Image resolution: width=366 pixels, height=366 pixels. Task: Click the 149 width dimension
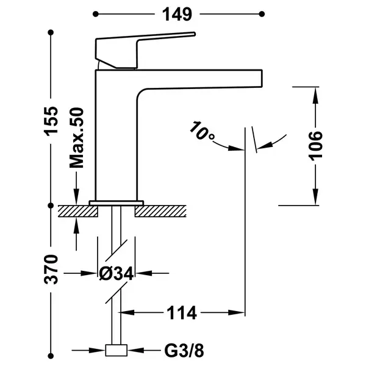click(177, 14)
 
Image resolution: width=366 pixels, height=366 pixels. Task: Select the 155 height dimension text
click(51, 120)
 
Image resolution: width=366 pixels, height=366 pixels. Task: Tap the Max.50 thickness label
click(77, 138)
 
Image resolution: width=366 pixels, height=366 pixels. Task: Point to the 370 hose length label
click(51, 270)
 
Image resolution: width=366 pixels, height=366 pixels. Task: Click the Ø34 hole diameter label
click(117, 273)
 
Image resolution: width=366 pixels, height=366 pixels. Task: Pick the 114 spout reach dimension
click(182, 313)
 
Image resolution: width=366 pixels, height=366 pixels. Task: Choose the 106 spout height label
click(315, 146)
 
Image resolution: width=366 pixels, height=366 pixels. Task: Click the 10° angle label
click(201, 131)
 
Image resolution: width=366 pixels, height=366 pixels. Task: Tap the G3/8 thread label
click(184, 351)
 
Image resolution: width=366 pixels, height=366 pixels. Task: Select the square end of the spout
click(259, 79)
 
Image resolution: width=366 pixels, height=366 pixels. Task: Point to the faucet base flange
click(117, 203)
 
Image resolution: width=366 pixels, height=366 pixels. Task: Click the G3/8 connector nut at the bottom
click(117, 350)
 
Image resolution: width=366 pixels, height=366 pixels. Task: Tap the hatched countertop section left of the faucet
click(77, 211)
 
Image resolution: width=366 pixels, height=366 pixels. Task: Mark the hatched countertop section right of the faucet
click(160, 211)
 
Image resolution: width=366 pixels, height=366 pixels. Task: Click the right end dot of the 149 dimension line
click(262, 14)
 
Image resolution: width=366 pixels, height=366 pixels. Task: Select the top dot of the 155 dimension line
click(51, 32)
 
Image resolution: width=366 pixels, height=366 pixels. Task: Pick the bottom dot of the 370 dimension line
click(51, 356)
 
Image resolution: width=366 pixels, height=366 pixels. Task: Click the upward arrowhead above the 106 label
click(315, 95)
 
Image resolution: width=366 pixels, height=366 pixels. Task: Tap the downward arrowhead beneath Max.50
click(76, 196)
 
